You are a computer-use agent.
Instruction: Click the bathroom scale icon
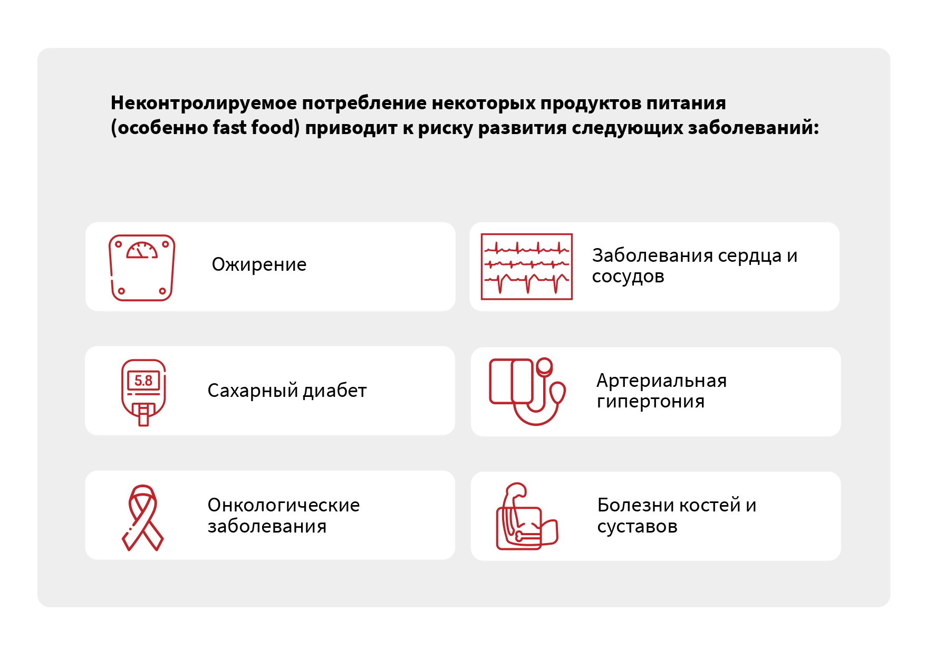pos(142,268)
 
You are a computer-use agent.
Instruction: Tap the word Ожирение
pos(259,264)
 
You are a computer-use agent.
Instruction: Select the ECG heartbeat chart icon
pos(526,267)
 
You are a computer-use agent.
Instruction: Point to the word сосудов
pos(628,277)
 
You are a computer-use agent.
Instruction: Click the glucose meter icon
pos(143,392)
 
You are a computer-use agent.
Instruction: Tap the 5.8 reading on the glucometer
pos(143,381)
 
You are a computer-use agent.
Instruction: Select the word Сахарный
pos(253,391)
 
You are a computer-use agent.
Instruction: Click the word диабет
pos(335,391)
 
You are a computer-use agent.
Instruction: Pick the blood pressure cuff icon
pos(527,392)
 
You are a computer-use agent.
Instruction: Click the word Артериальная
pos(661,381)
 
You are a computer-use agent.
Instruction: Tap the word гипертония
pos(651,402)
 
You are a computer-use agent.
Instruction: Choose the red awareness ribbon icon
pos(143,518)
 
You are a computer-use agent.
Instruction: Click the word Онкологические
pos(284,506)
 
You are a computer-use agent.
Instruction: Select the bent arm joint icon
pos(527,517)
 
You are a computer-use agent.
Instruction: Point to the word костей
pos(710,506)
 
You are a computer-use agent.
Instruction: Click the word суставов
pos(637,527)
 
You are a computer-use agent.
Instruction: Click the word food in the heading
pos(275,127)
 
